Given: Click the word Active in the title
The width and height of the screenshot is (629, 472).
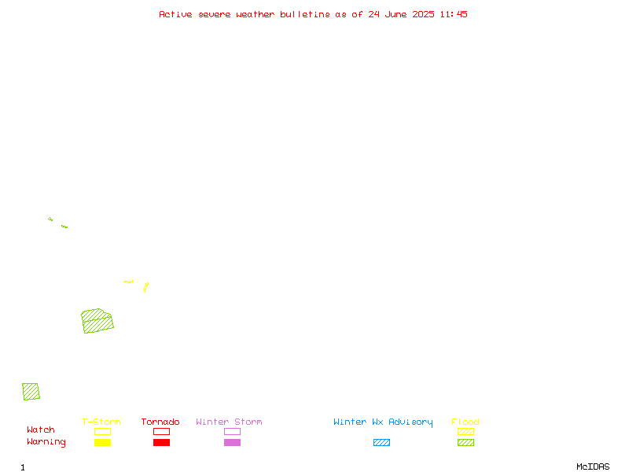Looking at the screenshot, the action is [x=175, y=14].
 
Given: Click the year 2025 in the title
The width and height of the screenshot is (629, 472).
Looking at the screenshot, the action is [x=423, y=14].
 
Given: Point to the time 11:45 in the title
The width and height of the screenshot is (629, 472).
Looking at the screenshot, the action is [x=454, y=14].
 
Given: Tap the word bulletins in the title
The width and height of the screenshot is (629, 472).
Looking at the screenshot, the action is [x=305, y=14].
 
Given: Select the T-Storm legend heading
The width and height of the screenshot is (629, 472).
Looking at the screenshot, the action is [x=101, y=422].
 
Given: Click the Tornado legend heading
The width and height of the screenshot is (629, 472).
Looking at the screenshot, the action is [x=160, y=422].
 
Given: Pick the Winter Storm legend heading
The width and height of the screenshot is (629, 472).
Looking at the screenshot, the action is [x=229, y=422].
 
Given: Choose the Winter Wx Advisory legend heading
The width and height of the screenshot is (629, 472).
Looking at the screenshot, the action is [x=383, y=422].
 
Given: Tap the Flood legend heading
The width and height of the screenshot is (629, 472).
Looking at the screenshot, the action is [x=465, y=422].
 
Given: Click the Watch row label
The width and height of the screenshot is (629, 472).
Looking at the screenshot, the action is [x=41, y=430].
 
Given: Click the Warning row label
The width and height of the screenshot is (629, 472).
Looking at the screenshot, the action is [x=46, y=442].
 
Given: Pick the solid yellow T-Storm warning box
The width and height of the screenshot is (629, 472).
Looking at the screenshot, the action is [x=103, y=442].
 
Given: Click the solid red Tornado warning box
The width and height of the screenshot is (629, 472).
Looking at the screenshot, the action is [x=162, y=442].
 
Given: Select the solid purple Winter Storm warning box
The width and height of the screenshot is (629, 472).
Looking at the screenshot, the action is [x=232, y=442].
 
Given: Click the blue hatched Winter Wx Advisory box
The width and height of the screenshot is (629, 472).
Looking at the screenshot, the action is [x=381, y=442].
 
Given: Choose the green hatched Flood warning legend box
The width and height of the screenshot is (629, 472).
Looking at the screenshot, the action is [x=465, y=442].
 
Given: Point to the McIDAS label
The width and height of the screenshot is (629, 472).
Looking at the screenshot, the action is [x=593, y=466].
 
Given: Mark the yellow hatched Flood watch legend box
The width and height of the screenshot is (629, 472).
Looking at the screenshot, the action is [x=465, y=431].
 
